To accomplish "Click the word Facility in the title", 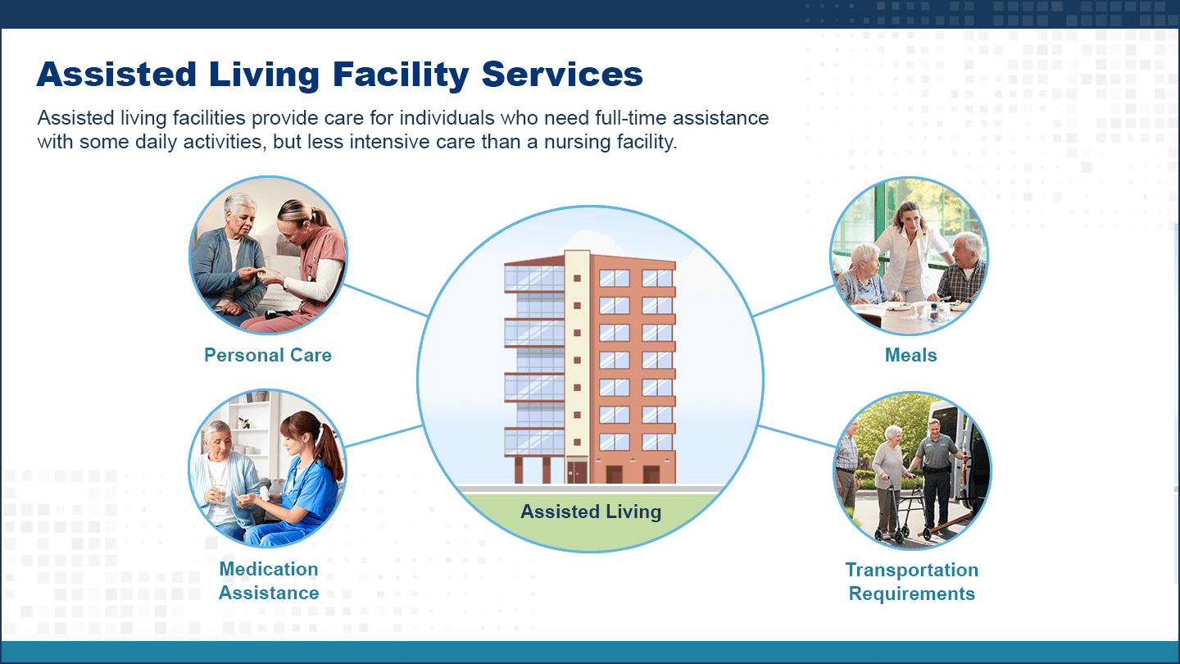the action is point(401,75).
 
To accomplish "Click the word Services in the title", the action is point(562,75).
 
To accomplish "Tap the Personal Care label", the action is point(268,355).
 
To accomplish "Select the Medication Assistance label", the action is point(269,580).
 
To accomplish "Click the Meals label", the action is point(911,355).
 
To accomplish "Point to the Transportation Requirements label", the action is point(912,582).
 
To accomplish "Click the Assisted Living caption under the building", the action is point(591,512).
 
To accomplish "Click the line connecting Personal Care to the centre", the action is point(386,300).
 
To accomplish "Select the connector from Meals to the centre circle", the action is point(794,301).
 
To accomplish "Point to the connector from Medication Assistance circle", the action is point(384,436).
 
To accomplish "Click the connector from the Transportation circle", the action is point(797,436).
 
